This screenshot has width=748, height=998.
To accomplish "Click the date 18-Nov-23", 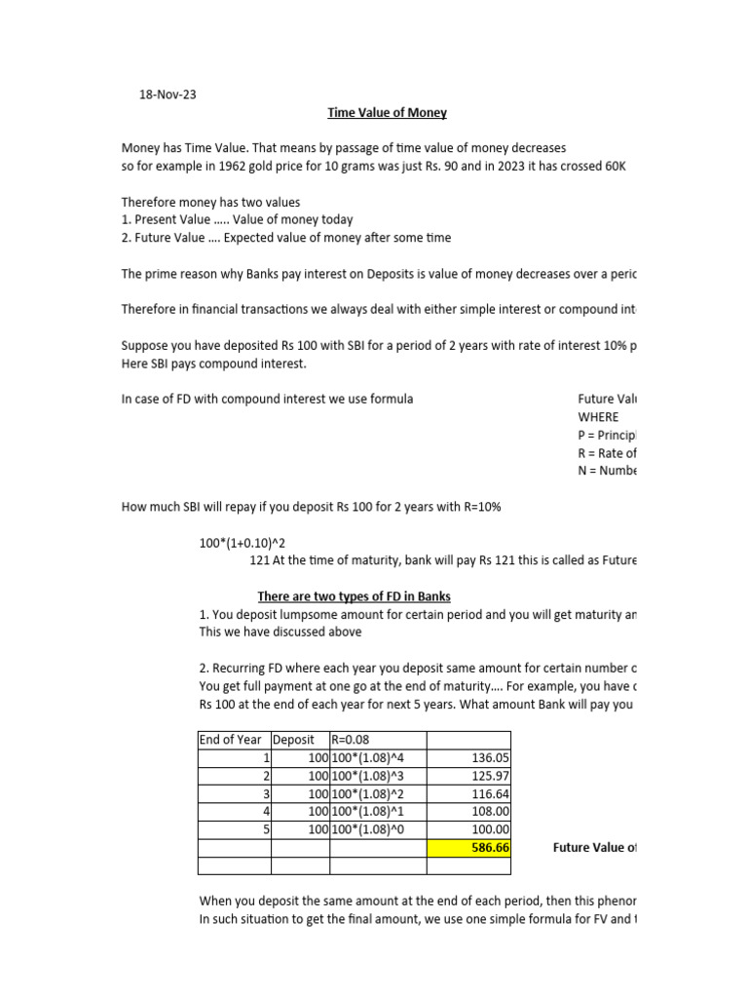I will pos(168,95).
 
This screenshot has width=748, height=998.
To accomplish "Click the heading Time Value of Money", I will pos(387,112).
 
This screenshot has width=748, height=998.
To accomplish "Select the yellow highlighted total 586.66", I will pos(468,847).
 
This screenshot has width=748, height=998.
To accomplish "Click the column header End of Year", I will pos(231,740).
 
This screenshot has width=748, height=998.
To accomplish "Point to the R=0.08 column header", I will pos(354,740).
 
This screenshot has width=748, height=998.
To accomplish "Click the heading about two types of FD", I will pos(354,595).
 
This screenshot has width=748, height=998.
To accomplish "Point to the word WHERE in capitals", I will pos(598,417).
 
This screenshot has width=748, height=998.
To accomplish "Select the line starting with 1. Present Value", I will pos(237,219).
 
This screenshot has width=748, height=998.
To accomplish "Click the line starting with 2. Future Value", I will pos(285,237).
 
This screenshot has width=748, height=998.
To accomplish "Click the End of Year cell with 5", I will pos(264,828).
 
